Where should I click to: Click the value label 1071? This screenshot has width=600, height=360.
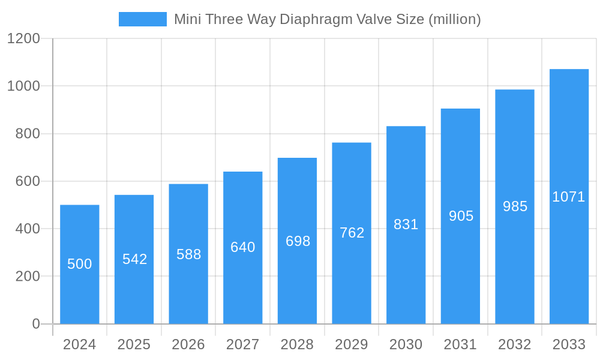pyautogui.click(x=569, y=197)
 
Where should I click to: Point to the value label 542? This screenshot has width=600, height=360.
pyautogui.click(x=134, y=259)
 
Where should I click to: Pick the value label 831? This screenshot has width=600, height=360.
pyautogui.click(x=406, y=224)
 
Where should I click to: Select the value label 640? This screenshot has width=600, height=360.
pyautogui.click(x=243, y=247)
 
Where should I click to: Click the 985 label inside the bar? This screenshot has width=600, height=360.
pyautogui.click(x=515, y=206)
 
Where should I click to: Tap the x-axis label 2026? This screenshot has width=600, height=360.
pyautogui.click(x=188, y=344)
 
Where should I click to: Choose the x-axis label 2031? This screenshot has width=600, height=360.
pyautogui.click(x=460, y=344)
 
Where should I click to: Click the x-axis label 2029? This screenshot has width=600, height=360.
pyautogui.click(x=352, y=344)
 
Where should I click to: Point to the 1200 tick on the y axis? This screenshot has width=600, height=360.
pyautogui.click(x=23, y=38)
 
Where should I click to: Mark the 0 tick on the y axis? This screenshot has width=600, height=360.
pyautogui.click(x=36, y=324)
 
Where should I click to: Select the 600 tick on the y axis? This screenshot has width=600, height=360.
pyautogui.click(x=28, y=181)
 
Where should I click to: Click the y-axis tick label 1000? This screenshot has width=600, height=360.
pyautogui.click(x=23, y=86)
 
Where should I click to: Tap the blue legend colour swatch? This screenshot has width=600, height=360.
pyautogui.click(x=143, y=19)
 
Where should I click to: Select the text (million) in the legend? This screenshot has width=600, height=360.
pyautogui.click(x=454, y=19)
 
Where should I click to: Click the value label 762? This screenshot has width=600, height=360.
pyautogui.click(x=352, y=233)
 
